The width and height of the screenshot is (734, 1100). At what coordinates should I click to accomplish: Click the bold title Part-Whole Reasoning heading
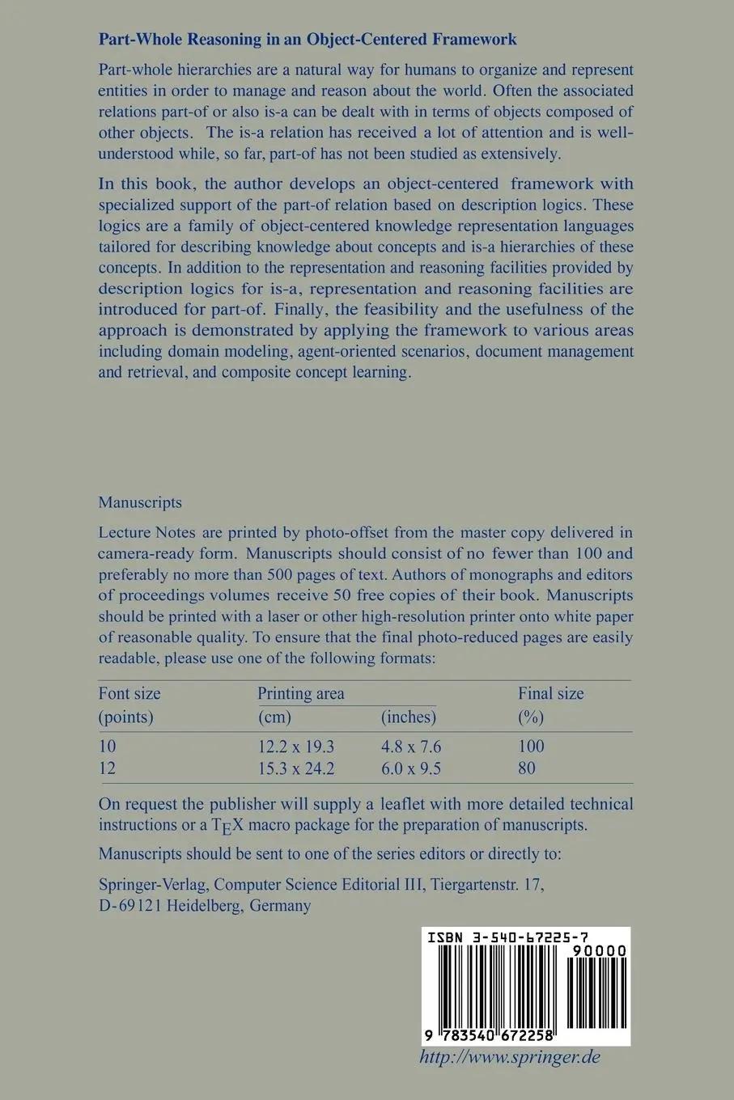(308, 39)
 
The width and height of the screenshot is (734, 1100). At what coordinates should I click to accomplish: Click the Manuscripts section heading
(140, 502)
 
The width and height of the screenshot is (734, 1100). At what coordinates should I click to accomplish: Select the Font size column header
(129, 693)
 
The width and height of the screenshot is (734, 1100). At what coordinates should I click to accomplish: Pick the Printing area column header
(300, 693)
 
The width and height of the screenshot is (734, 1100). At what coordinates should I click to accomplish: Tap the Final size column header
(550, 693)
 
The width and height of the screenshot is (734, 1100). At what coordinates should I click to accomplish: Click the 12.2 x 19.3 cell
(295, 747)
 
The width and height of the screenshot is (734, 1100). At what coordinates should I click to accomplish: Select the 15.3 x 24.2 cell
(295, 768)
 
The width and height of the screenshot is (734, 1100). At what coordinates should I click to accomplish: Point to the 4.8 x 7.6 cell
(411, 747)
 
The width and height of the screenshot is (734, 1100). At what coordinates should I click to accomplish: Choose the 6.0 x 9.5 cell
(411, 768)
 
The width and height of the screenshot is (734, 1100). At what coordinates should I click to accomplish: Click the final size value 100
(531, 747)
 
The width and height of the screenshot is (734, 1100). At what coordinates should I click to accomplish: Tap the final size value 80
(526, 768)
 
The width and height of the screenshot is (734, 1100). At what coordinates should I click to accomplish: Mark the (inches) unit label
(408, 717)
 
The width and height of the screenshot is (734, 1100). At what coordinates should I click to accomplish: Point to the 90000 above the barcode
(598, 950)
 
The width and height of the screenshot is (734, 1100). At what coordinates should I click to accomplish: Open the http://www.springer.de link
(510, 1057)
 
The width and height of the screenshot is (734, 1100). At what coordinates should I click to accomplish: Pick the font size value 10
(108, 747)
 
